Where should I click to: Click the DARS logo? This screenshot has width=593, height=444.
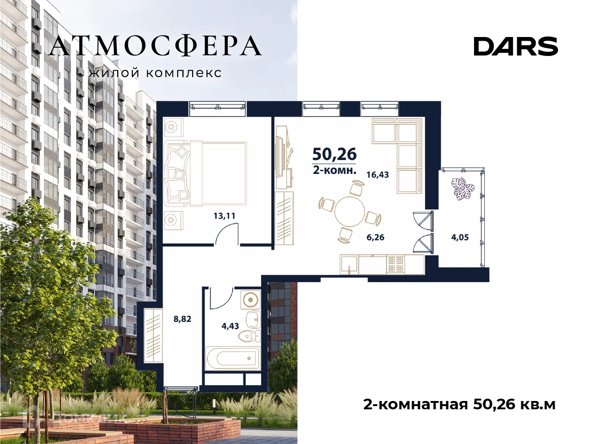tap(516, 46)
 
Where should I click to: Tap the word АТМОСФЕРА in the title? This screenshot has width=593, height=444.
tap(156, 46)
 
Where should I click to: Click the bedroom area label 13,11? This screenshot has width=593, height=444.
tap(225, 216)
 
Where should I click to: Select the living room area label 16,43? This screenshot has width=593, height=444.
tap(377, 175)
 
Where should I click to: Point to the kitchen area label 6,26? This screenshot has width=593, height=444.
tap(375, 238)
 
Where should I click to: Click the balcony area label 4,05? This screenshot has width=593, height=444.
tap(460, 238)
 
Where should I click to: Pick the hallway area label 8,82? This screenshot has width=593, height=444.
tap(182, 319)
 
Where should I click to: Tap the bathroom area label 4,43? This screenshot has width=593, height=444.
tap(230, 326)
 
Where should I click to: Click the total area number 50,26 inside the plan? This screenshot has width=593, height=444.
tap(334, 153)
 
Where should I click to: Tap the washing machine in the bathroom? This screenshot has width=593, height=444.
tap(250, 300)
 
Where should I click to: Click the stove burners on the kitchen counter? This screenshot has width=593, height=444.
tap(396, 264)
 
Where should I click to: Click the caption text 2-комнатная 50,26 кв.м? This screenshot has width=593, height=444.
tap(459, 405)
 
